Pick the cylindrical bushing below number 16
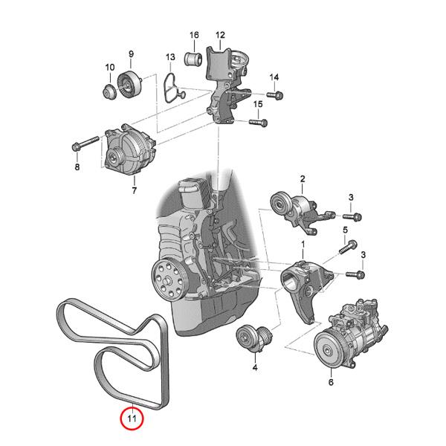[194, 56]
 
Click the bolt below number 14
[276, 95]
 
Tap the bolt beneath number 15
[257, 122]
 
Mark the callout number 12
[220, 34]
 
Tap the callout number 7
[135, 191]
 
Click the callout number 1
[303, 244]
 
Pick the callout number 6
[332, 383]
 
